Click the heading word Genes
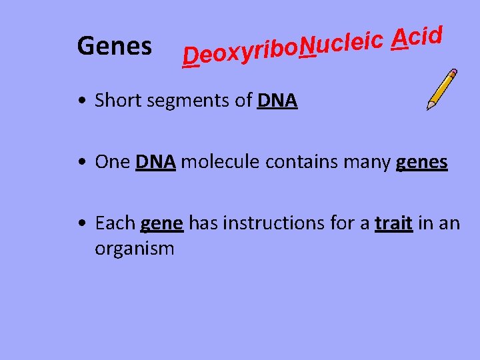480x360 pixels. coord(114,47)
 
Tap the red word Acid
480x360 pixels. coord(417,38)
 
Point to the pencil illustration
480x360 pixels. coord(442,89)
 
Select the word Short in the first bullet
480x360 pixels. coord(117,101)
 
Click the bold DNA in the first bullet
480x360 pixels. coord(277,101)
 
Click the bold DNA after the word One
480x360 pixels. coord(155,162)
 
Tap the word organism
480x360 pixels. coord(135,249)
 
